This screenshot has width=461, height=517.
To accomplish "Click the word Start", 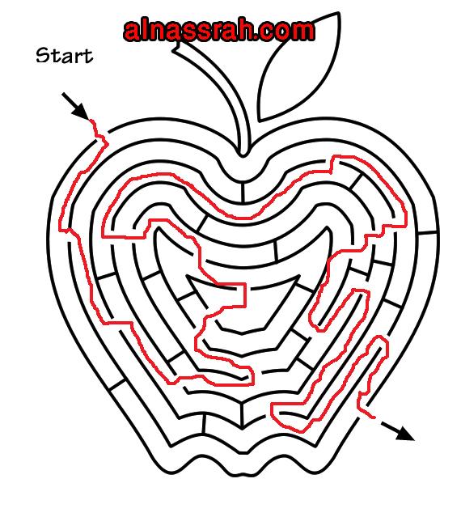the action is pos(64,56).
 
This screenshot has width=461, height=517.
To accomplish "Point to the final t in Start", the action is pos(88,56).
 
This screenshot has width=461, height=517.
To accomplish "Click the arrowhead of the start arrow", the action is pos(81,112).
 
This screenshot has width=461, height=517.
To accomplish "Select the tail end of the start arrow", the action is pos(62,94).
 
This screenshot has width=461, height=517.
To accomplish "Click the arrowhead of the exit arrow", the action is pos(405,434).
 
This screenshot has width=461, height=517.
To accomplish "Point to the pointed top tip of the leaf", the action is pos(338,13).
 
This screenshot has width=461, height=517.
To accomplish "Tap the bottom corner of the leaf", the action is pos(260,120).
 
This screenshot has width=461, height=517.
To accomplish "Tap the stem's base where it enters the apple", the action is pos(243,152).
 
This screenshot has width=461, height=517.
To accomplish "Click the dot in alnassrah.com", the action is pos(260,37).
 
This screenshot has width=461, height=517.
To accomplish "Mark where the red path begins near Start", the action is pos(91,121).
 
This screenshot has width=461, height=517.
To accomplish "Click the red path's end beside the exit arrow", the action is pos(374,417).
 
